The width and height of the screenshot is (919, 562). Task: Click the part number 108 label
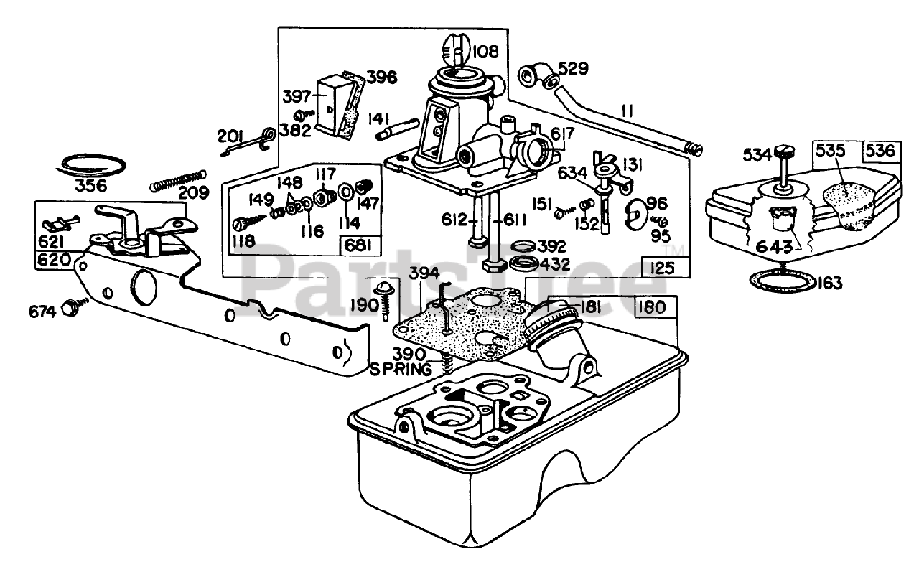point(485,52)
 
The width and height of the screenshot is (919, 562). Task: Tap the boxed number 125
point(662,268)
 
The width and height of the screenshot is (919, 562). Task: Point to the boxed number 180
point(655,307)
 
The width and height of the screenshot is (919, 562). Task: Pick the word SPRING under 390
point(401,369)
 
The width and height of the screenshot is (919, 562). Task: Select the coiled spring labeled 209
point(178,180)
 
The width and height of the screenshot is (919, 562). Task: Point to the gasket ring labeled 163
point(783,281)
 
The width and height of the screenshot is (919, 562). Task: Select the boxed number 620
point(54,260)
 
